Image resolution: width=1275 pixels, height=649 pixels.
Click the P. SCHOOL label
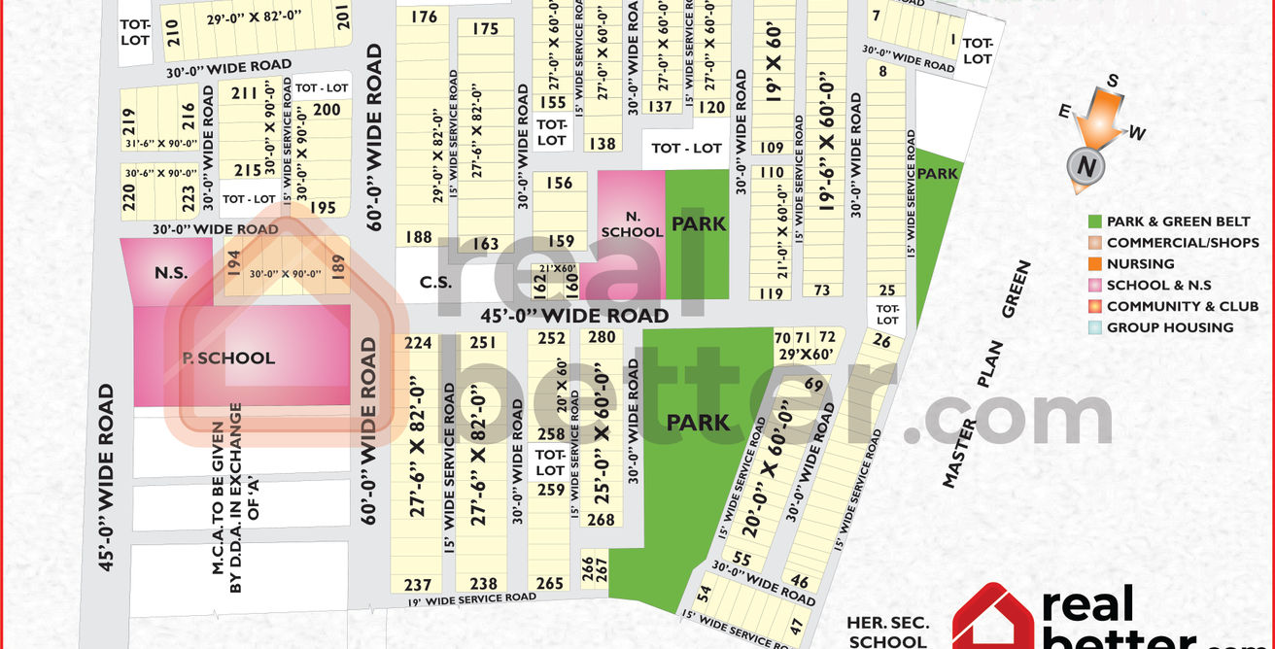click(x=229, y=359)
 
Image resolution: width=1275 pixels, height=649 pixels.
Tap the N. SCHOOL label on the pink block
click(x=632, y=224)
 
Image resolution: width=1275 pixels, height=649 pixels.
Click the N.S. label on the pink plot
click(x=171, y=273)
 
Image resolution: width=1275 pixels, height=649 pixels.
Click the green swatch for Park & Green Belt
click(x=1095, y=222)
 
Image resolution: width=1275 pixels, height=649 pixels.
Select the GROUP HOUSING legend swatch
click(x=1095, y=327)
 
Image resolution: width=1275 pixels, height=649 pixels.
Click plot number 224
click(x=418, y=343)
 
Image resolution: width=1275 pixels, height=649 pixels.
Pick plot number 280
click(x=603, y=337)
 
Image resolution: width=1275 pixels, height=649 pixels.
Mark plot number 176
click(x=424, y=17)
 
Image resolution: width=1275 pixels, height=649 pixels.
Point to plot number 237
click(x=417, y=584)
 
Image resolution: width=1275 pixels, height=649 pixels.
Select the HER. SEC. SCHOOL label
click(x=887, y=632)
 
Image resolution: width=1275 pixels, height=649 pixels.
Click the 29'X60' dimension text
click(x=807, y=354)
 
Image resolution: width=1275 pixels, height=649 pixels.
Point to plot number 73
click(x=822, y=290)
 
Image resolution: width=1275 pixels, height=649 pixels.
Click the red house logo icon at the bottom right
click(x=991, y=620)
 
